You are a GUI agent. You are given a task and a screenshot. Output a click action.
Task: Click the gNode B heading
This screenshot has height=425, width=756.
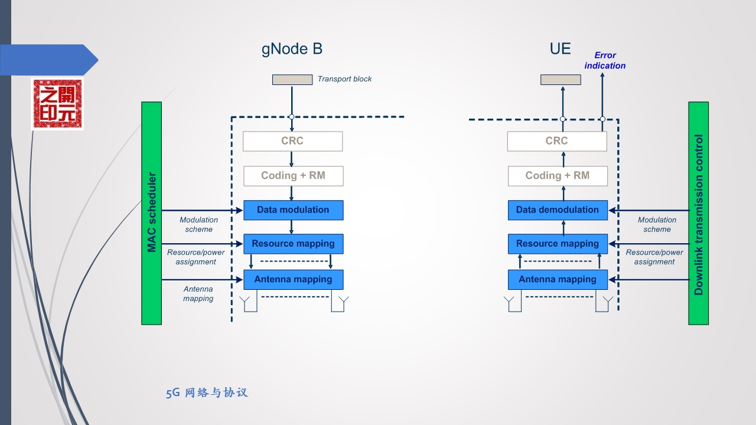coord(292,49)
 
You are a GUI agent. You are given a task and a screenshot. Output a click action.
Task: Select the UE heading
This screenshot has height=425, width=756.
coord(560,49)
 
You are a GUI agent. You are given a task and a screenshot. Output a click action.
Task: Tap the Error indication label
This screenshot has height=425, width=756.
coord(605,60)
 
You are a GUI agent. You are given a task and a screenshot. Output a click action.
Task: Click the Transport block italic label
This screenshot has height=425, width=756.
coord(344,79)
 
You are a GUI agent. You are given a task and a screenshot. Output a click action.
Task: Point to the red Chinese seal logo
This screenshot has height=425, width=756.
coord(57,104)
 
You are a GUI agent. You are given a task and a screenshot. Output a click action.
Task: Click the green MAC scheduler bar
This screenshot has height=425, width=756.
coord(151,213)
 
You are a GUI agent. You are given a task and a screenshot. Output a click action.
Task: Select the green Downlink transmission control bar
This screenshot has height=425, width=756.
coord(698,213)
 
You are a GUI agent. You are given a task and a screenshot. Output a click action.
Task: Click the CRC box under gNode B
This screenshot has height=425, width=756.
coord(292,141)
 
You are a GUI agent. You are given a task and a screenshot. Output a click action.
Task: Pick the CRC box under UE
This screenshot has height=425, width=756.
coord(556,141)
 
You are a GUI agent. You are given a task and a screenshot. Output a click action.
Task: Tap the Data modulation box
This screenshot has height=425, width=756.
coord(293,210)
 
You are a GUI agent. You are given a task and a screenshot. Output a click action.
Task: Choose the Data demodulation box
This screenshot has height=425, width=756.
coord(557,210)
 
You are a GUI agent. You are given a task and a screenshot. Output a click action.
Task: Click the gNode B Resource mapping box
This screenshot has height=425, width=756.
coord(293,244)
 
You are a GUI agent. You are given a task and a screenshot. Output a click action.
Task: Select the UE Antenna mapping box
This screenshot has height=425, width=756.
coord(557,279)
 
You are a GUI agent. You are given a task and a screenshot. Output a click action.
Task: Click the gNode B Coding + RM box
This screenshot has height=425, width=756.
coord(293,176)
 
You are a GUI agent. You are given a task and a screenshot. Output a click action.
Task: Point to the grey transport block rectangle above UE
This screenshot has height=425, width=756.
coord(561,80)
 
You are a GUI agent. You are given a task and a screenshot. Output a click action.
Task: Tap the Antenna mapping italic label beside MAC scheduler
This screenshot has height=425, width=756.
coord(198,294)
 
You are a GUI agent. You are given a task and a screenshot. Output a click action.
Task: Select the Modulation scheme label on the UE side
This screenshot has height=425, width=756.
coord(657,224)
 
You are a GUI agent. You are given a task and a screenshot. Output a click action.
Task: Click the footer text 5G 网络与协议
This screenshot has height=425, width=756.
coord(207,393)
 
